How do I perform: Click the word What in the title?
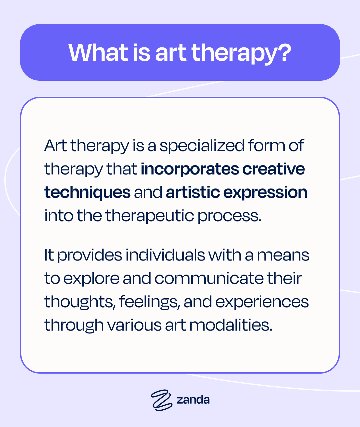98,52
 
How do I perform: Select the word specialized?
202,146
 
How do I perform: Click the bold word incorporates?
190,169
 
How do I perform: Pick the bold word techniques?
87,192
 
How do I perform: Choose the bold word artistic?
193,192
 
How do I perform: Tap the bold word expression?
265,193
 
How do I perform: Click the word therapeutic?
150,216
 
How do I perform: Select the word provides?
90,256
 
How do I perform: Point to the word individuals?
165,255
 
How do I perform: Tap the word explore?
91,279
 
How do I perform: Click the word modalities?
231,325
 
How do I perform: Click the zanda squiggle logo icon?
161,400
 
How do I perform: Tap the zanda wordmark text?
193,400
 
